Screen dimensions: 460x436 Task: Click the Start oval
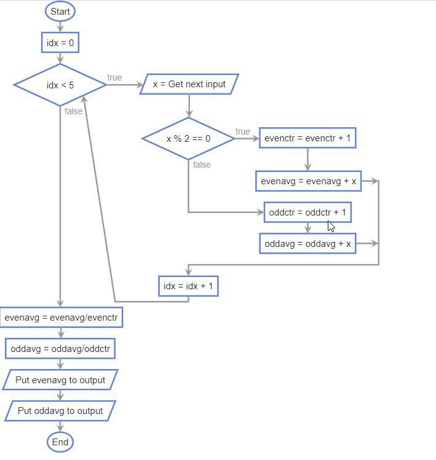[x=60, y=12]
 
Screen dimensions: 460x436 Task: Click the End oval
[x=60, y=442]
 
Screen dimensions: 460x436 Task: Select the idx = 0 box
[x=60, y=42]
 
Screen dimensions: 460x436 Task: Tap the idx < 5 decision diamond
[x=60, y=85]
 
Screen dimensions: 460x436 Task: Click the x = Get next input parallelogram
[x=189, y=84]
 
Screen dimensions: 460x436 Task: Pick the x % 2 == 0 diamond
[x=188, y=139]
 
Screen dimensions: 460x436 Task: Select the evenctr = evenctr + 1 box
[x=307, y=138]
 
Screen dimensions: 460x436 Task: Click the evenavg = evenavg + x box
[x=308, y=181]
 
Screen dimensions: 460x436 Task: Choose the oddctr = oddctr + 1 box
[x=307, y=212]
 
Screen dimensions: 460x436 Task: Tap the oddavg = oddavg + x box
[x=307, y=244]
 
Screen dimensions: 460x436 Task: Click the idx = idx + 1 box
[x=188, y=286]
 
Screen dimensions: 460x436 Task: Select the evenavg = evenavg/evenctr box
[x=61, y=318]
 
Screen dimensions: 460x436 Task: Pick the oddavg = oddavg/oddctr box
[x=60, y=349]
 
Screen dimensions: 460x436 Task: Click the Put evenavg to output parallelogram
[x=60, y=380]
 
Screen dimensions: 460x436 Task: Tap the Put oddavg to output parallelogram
[x=60, y=410]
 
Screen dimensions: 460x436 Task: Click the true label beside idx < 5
[x=114, y=77]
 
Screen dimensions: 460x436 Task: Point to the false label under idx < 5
[x=73, y=111]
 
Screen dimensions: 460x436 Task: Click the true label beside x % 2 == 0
[x=242, y=131]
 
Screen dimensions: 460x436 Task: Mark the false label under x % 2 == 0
[x=202, y=165]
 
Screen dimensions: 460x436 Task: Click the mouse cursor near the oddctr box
[x=331, y=226]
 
